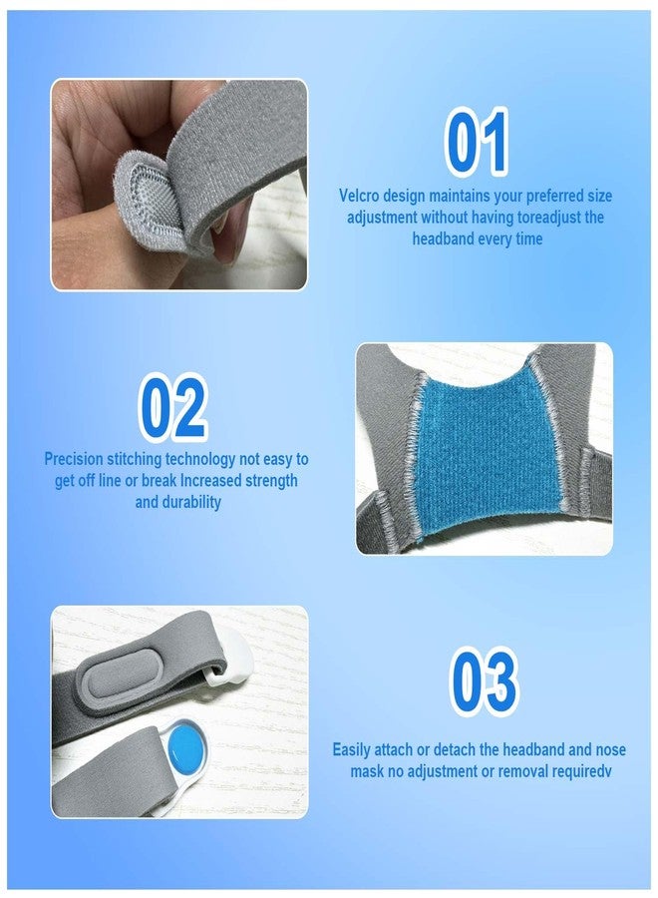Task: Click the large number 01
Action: tap(476, 142)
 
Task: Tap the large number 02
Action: tap(172, 407)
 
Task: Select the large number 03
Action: tap(485, 680)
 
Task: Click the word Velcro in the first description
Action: tap(359, 196)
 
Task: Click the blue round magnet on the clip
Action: tap(186, 746)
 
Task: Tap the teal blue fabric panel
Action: tap(487, 451)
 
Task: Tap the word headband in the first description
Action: tap(440, 238)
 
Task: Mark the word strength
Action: tap(271, 481)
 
